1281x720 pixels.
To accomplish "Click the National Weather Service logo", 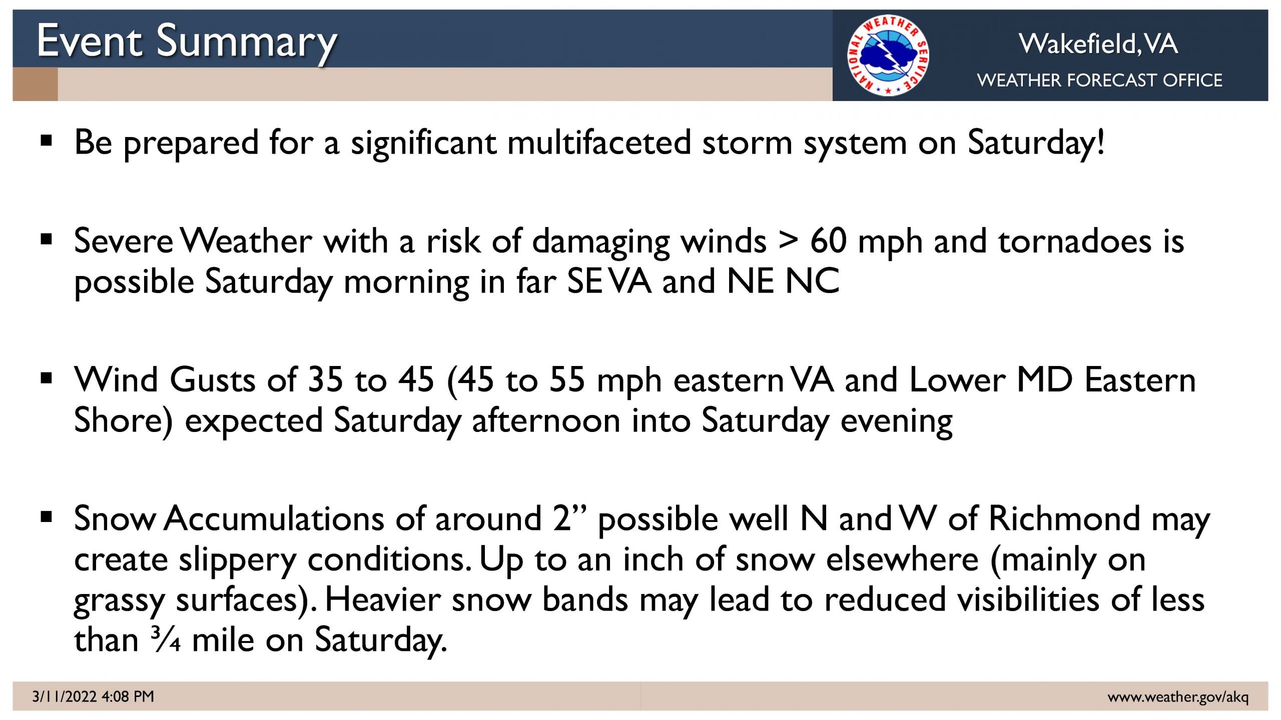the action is pos(888,55).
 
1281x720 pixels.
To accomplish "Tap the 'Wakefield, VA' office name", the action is pos(1098,43).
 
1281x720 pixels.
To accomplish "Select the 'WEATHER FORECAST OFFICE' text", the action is pos(1099,80).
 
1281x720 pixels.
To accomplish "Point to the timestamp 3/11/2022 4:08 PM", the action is pos(93,696).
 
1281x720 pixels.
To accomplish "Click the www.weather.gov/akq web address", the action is pos(1178,697).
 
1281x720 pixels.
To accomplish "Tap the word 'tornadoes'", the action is pos(1075,241).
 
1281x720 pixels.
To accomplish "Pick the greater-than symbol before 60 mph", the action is pos(788,241).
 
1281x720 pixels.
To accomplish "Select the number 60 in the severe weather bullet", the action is pos(828,241).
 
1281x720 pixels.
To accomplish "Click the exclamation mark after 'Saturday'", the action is pos(1100,141).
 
